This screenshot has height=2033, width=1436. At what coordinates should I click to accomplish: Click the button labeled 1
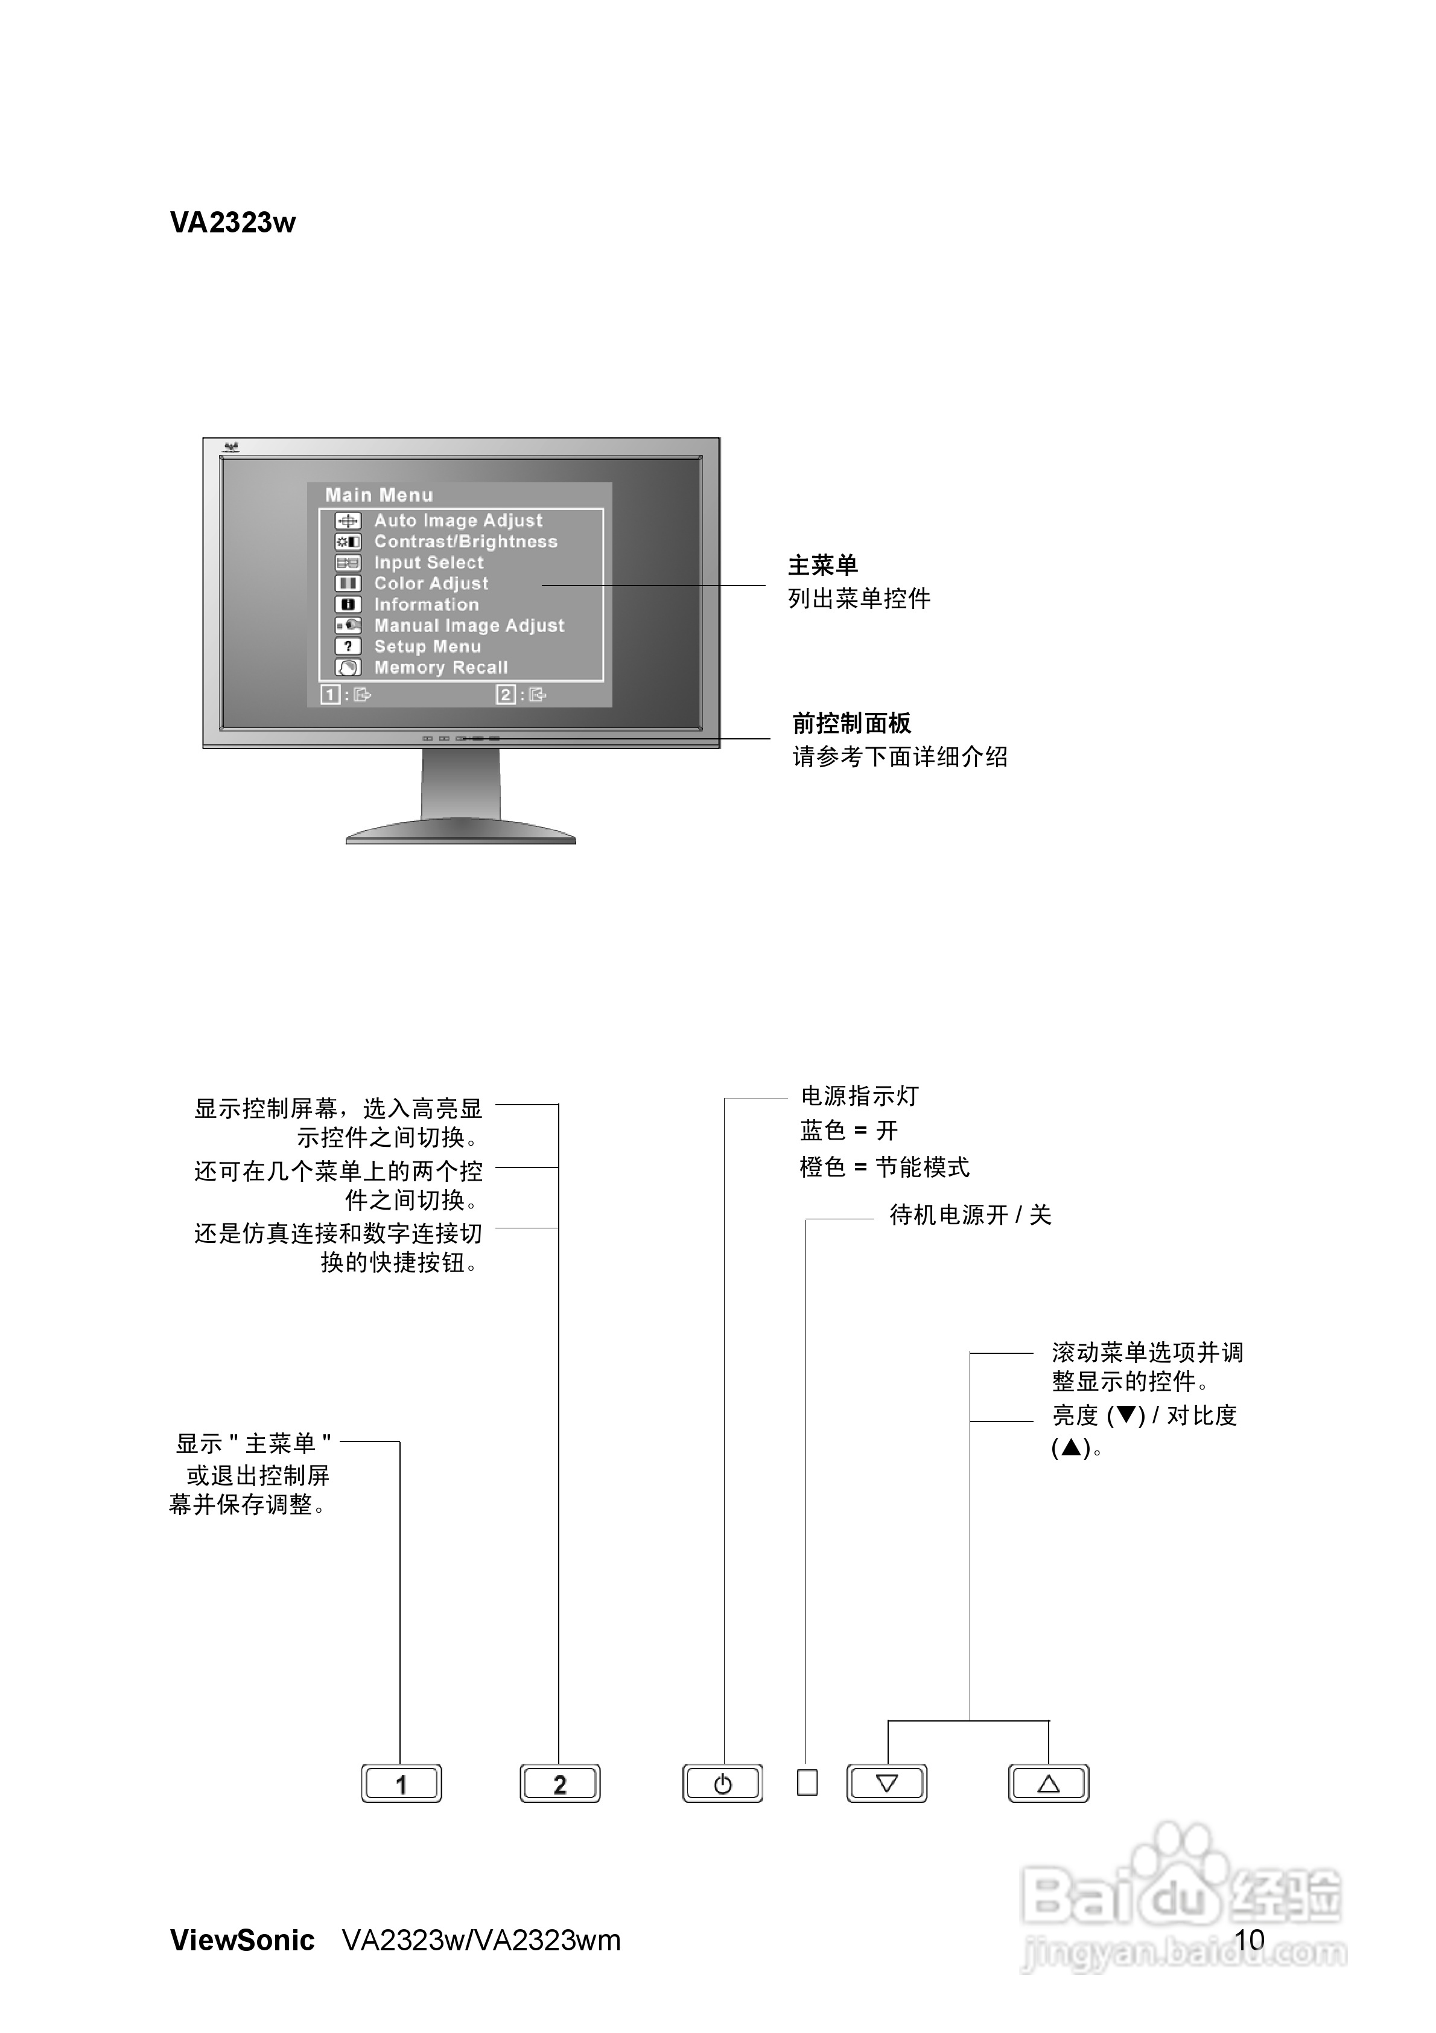tap(401, 1783)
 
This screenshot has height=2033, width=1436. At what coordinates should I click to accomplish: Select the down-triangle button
tap(886, 1783)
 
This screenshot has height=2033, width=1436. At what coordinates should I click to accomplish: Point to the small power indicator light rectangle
tap(807, 1782)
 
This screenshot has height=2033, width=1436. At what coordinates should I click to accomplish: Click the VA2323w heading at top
tap(233, 222)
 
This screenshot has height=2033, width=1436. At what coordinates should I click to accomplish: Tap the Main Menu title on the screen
tap(379, 495)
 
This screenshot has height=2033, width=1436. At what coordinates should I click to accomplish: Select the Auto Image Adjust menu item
tap(458, 521)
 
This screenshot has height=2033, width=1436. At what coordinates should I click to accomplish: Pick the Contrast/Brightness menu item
tap(466, 542)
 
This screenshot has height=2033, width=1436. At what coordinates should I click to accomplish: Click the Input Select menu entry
tap(428, 562)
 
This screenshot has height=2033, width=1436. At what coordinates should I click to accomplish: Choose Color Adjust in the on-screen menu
tap(431, 584)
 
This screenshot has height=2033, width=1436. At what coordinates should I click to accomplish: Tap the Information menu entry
tap(426, 605)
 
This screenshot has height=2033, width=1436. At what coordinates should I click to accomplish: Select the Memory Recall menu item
tap(441, 668)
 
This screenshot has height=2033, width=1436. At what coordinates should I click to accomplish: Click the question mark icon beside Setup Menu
tap(348, 646)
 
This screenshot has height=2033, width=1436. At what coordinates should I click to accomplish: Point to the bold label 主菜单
tap(822, 565)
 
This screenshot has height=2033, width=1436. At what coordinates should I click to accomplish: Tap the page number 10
tap(1249, 1940)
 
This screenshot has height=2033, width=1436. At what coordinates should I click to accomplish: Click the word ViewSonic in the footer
tap(243, 1940)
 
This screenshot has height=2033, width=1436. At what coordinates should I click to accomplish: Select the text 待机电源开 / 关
tap(970, 1215)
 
